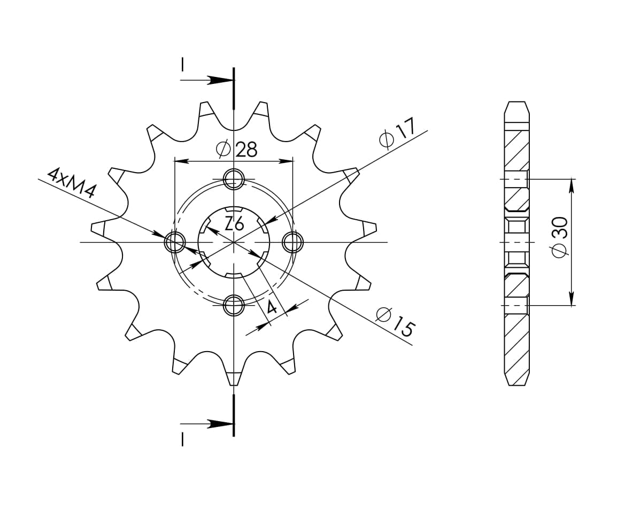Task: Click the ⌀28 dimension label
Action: [x=237, y=150]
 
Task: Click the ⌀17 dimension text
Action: [x=397, y=135]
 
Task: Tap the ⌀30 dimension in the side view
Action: [x=560, y=237]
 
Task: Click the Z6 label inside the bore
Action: [x=234, y=224]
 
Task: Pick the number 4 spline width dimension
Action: [x=272, y=307]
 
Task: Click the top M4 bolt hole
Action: [x=234, y=180]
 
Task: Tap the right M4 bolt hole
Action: [x=292, y=243]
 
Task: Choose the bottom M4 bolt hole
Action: [x=234, y=306]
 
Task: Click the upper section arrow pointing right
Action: [x=219, y=80]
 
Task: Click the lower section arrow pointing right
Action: [x=219, y=424]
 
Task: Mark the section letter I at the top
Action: [x=183, y=65]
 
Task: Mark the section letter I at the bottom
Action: [x=183, y=439]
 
